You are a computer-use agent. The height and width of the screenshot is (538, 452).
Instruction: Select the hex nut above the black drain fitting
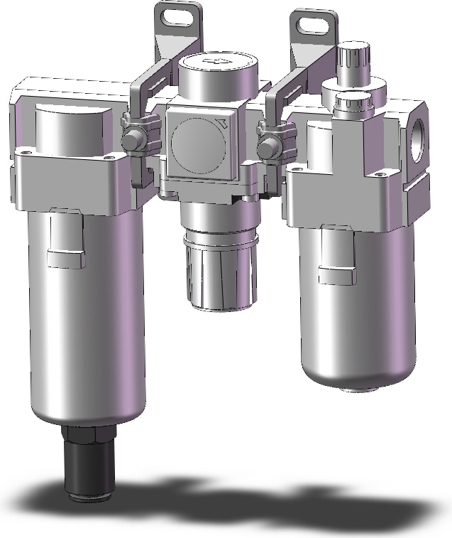tap(89, 433)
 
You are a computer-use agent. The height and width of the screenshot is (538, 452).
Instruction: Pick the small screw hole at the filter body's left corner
tap(26, 151)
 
